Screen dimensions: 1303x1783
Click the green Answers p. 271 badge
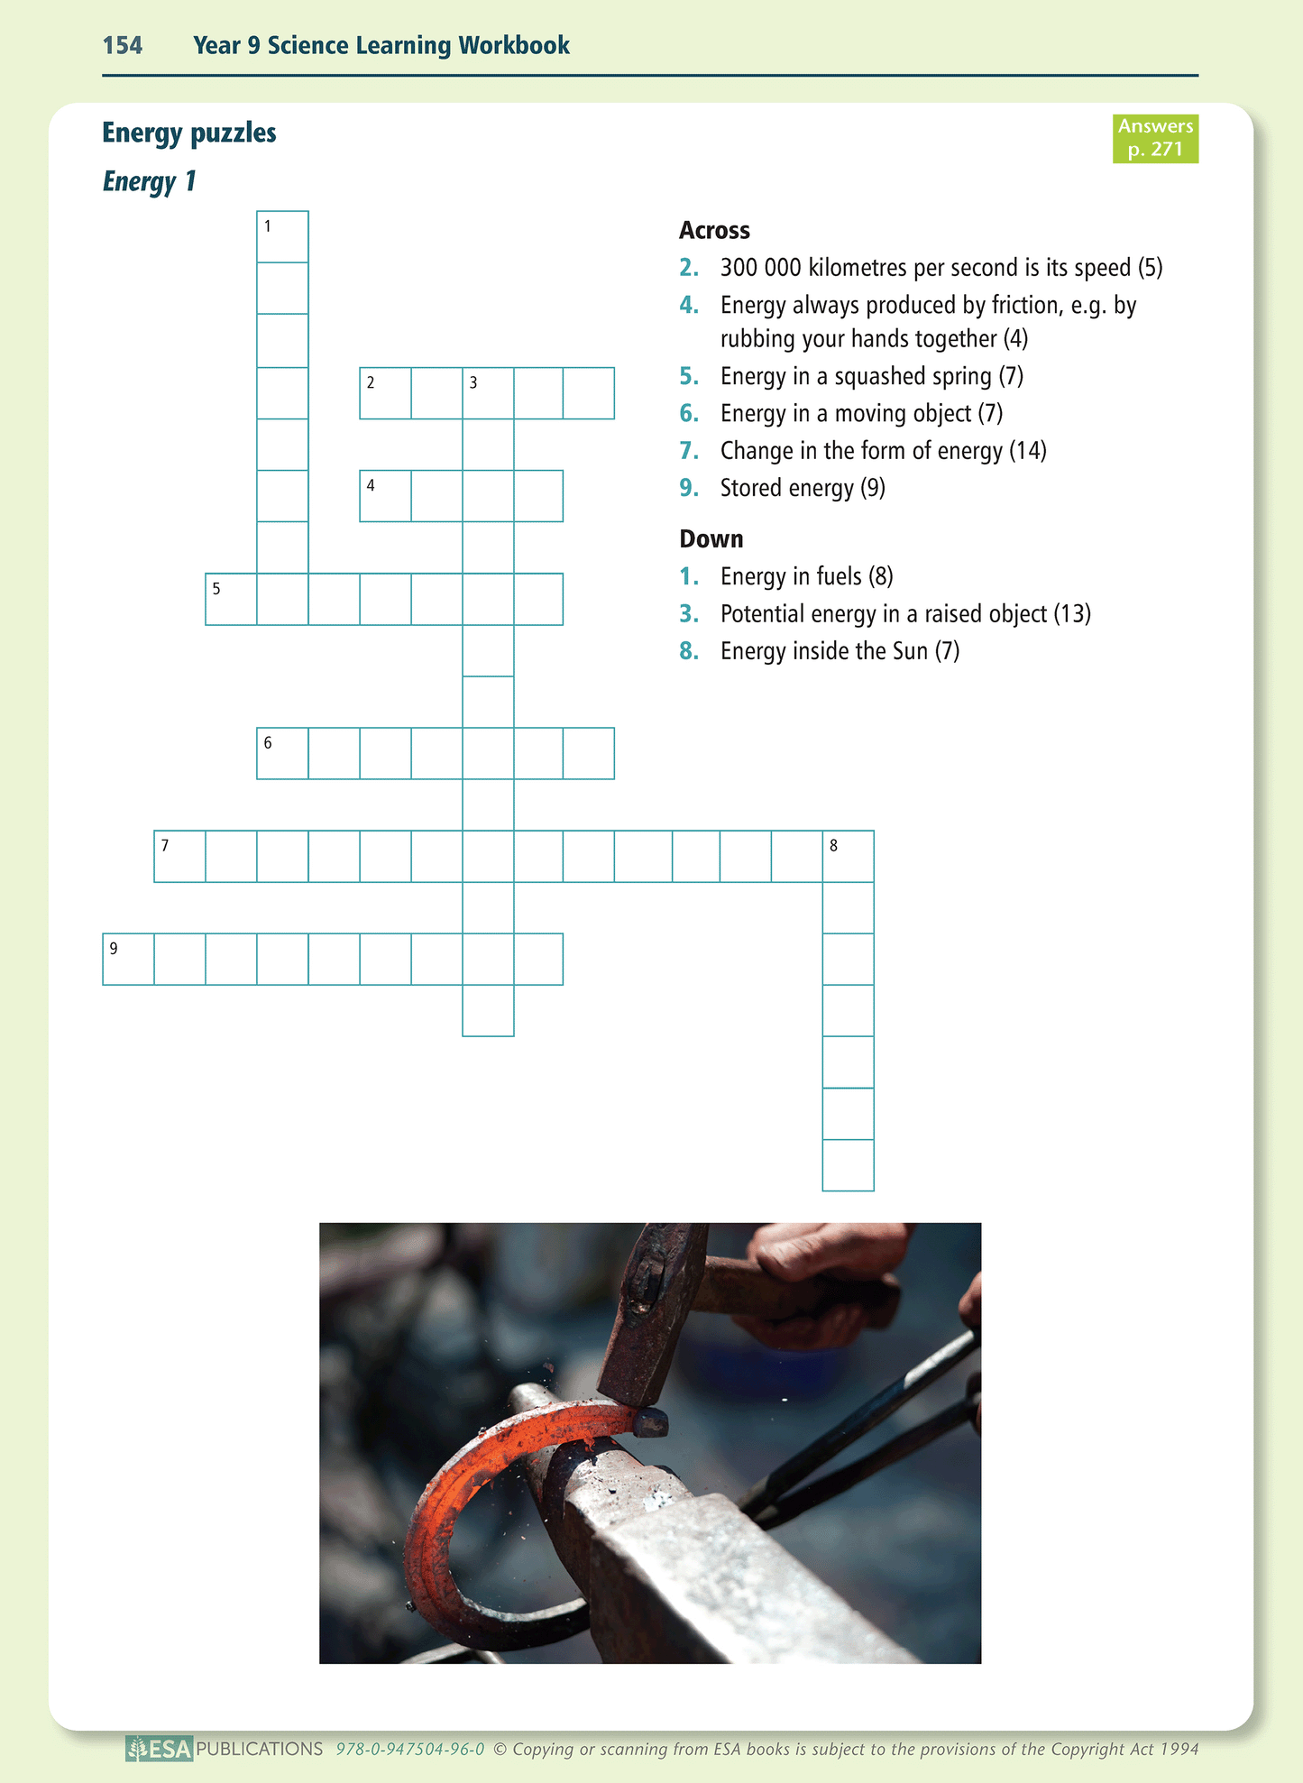tap(1155, 138)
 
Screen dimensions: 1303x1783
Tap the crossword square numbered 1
tap(282, 237)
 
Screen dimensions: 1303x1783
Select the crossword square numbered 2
tap(385, 393)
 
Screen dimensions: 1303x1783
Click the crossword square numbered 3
tap(488, 393)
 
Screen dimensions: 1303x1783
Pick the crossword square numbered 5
tap(231, 599)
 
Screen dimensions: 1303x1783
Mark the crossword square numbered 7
tap(179, 856)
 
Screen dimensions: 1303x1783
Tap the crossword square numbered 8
tap(848, 856)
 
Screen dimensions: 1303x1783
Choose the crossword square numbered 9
tap(128, 959)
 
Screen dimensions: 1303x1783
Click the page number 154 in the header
tap(123, 45)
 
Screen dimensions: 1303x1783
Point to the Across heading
tap(714, 231)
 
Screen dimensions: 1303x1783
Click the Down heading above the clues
tap(711, 539)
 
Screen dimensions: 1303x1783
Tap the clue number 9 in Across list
tap(689, 488)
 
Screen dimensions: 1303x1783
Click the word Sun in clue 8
tap(910, 651)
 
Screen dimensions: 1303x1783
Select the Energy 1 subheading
tap(149, 181)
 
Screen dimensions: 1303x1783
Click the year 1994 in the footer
tap(1179, 1750)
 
